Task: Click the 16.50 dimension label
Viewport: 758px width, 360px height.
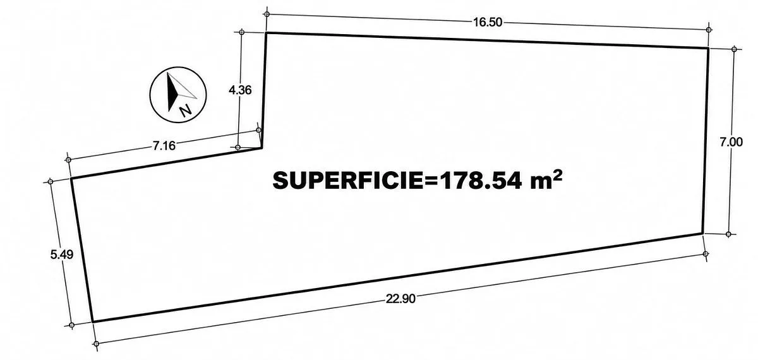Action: click(487, 22)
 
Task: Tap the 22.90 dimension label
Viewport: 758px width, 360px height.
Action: click(400, 299)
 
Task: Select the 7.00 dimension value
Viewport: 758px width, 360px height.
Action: click(731, 142)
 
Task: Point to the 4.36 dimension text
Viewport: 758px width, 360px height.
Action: click(240, 90)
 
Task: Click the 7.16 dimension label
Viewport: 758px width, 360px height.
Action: click(164, 146)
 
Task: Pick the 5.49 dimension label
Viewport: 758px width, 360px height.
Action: click(62, 255)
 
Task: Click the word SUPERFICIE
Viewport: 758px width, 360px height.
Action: click(348, 181)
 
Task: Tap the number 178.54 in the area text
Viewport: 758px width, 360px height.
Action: click(479, 181)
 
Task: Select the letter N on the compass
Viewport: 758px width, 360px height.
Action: click(185, 110)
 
